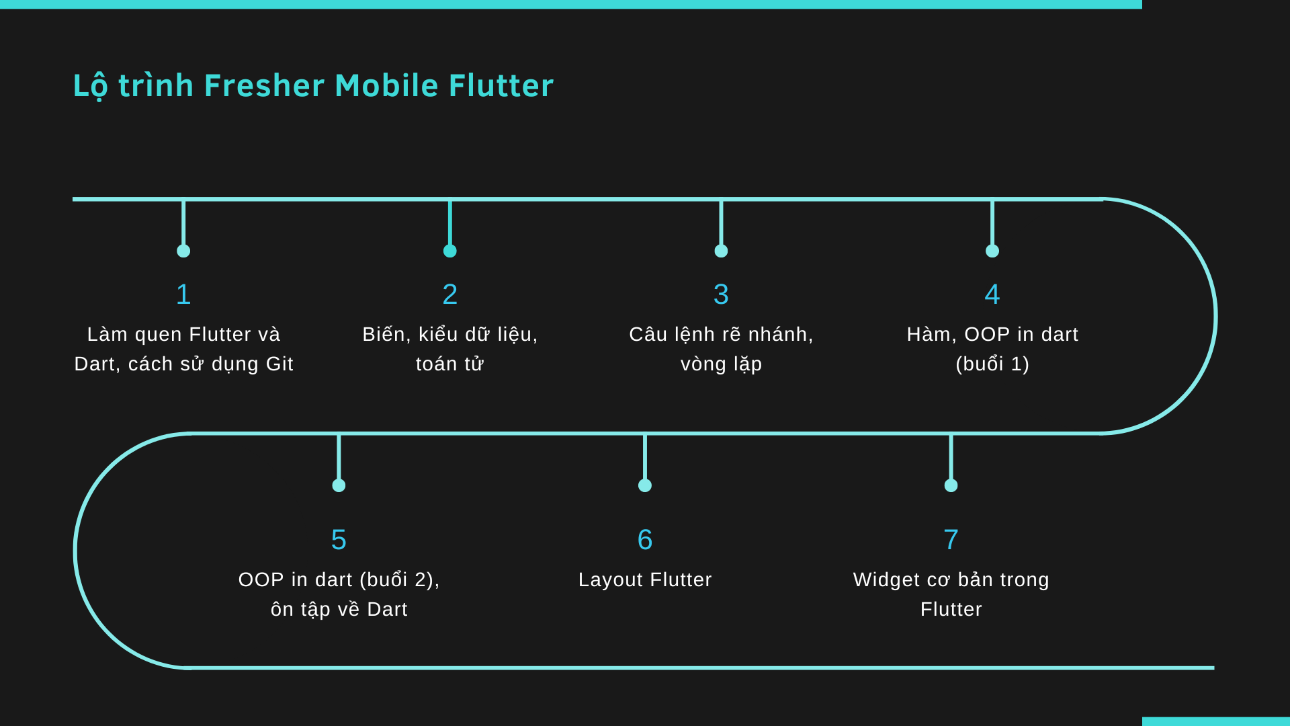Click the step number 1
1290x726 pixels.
click(183, 294)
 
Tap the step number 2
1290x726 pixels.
click(450, 294)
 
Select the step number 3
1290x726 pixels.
click(721, 294)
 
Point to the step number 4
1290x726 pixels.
click(992, 294)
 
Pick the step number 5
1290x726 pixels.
click(339, 540)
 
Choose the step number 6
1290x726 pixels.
click(645, 540)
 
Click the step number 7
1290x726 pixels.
click(951, 540)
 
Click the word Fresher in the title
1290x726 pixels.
click(264, 86)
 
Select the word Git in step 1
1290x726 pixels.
click(279, 364)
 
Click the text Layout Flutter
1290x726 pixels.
click(645, 579)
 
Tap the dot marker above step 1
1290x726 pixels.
click(183, 251)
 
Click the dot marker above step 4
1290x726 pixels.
click(992, 251)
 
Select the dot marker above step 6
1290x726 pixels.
click(645, 485)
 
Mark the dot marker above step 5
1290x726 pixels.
click(339, 485)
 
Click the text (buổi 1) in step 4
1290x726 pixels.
click(992, 364)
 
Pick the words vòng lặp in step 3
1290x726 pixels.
click(721, 364)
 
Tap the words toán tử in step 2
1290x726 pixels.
click(450, 364)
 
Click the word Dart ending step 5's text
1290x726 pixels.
click(387, 609)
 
